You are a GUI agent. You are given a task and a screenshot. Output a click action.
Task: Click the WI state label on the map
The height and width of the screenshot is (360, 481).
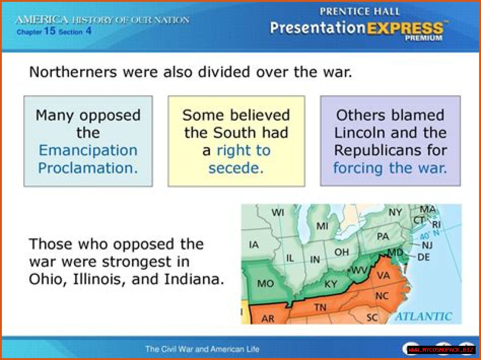(278, 212)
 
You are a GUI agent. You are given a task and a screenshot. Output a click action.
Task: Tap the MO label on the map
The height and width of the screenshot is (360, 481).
(266, 284)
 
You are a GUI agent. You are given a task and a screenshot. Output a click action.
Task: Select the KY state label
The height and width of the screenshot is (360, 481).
(331, 284)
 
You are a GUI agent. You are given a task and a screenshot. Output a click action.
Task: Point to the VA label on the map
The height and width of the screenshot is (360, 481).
(383, 275)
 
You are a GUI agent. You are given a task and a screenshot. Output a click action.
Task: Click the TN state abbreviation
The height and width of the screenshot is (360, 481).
(321, 308)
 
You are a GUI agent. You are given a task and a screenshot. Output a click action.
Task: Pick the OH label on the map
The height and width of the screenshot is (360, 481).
(342, 252)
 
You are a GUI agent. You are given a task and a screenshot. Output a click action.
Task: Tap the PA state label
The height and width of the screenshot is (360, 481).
(383, 236)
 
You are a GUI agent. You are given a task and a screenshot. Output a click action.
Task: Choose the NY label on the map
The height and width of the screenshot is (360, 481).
(395, 212)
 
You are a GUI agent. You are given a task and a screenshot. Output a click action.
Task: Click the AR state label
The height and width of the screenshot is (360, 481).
(268, 319)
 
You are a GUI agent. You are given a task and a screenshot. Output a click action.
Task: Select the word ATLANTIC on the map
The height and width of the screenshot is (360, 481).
(424, 316)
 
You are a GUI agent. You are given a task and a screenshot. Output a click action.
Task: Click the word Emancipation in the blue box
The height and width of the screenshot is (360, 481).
(88, 151)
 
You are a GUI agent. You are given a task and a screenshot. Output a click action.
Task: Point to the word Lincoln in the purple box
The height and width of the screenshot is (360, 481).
(359, 133)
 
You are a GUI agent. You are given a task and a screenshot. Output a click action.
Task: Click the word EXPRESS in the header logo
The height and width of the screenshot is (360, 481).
(405, 29)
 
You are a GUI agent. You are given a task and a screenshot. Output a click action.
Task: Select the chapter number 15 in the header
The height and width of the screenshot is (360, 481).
(50, 31)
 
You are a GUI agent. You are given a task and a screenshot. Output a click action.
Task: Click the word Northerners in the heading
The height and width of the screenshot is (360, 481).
(73, 72)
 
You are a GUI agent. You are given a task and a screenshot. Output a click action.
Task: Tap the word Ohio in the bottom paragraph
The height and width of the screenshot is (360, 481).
(46, 280)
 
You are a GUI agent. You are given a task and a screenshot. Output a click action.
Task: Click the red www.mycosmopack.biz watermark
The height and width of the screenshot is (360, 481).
(441, 350)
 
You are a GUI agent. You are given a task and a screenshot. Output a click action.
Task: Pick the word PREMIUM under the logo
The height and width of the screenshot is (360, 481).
(424, 38)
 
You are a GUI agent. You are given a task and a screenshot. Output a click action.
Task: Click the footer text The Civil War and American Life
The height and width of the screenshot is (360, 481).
(202, 349)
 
